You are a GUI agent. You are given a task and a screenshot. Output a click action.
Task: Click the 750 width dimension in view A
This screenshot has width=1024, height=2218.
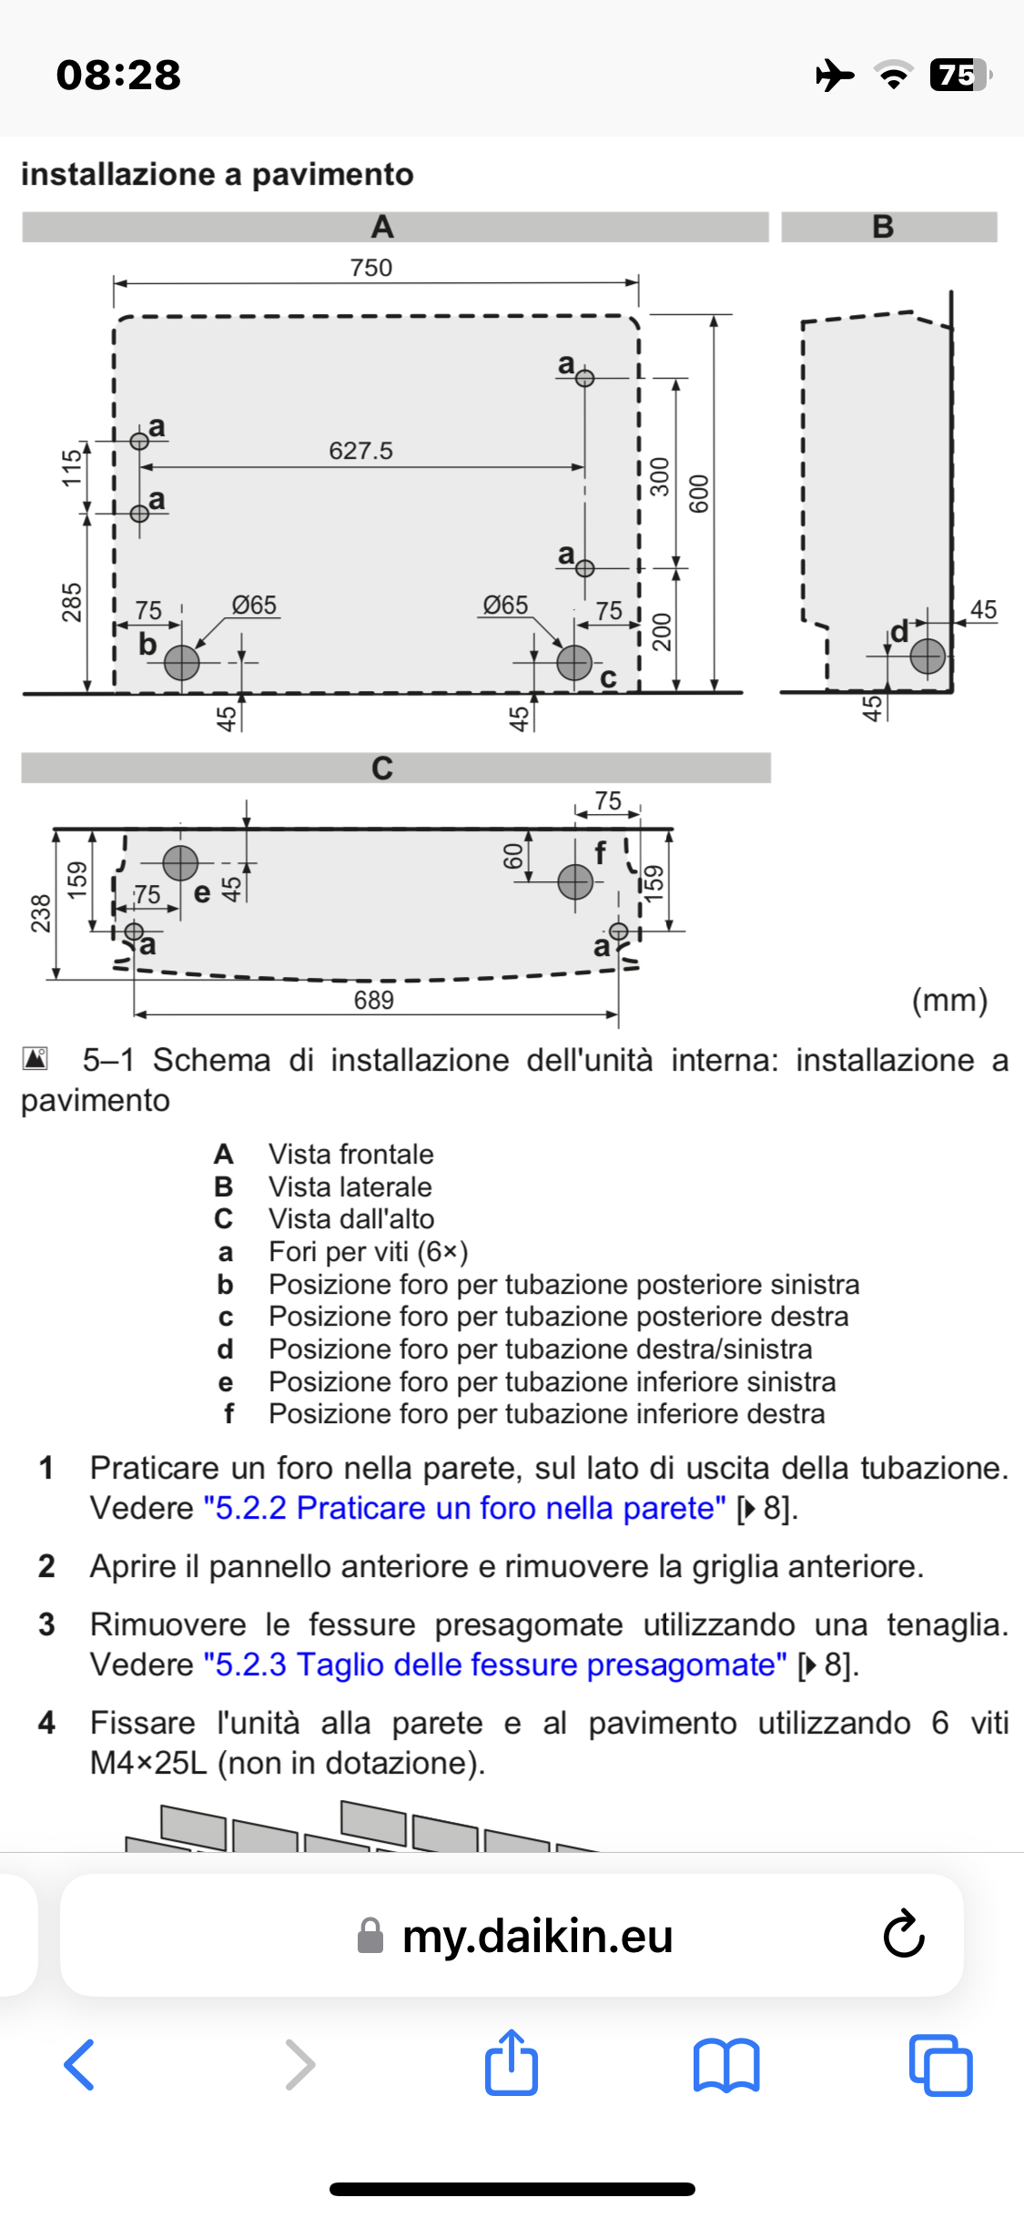pos(371,268)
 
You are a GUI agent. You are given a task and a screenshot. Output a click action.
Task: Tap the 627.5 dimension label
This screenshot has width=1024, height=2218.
pos(360,451)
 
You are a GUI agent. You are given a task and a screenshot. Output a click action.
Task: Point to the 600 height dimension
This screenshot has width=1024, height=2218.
pos(698,493)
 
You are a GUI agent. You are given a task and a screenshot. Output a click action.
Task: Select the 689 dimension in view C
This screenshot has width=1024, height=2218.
pos(374,1000)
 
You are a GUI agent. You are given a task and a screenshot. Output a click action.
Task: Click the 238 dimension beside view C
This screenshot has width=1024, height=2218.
pos(41,912)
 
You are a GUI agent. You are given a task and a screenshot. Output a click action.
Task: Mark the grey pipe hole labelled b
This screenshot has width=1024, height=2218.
pos(182,663)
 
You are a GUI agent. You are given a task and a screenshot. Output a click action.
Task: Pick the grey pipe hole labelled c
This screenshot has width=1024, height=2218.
pos(574,663)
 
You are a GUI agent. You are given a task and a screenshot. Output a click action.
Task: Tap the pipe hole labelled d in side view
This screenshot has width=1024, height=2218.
pos(928,656)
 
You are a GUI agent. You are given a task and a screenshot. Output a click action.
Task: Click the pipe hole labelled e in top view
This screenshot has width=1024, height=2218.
pos(180,862)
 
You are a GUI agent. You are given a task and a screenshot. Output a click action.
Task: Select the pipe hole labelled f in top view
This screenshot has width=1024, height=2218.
pos(575,881)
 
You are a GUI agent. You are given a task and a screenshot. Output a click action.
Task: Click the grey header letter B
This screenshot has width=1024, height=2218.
pos(883,227)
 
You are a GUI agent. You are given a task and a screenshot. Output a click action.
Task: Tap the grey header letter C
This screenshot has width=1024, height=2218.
pos(382,768)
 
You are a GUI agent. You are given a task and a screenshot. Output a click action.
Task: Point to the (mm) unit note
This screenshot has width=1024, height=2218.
pos(949,1000)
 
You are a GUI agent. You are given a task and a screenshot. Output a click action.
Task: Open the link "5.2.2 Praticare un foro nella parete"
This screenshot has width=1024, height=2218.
pos(465,1508)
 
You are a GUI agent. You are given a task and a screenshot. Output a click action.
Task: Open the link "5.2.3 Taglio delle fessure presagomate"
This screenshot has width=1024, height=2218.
pos(495,1664)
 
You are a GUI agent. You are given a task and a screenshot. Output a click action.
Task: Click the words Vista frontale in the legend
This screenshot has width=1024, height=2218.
pos(350,1154)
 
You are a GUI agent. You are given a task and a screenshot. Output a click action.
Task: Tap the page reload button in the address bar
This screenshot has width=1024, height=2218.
pos(904,1934)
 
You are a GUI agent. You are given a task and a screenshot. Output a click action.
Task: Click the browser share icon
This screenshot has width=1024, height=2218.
pos(512,2063)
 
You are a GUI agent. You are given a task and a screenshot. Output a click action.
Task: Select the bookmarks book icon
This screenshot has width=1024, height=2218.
pos(725,2064)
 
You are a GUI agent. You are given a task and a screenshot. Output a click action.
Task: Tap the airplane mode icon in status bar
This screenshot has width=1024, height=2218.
pos(835,75)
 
